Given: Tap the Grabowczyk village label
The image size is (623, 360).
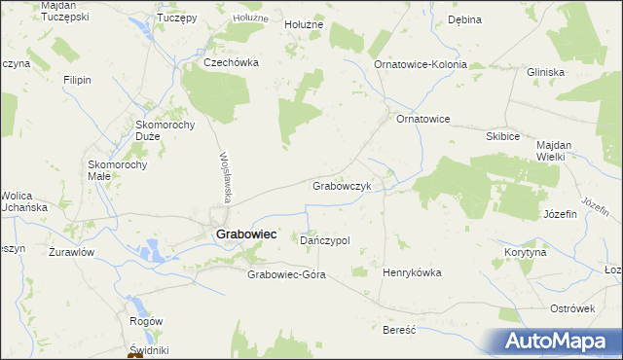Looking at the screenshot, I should click(342, 186).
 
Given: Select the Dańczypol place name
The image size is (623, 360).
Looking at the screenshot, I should click(325, 240).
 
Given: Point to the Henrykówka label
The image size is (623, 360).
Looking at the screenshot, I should click(414, 272).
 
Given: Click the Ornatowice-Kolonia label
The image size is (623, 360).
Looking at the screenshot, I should click(421, 64).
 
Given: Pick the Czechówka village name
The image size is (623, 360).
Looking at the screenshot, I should click(230, 61).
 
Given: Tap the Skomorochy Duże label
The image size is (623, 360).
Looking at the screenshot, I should click(166, 130).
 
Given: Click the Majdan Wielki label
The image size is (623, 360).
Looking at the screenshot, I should click(558, 150).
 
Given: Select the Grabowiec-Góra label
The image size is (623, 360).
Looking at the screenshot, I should click(286, 274).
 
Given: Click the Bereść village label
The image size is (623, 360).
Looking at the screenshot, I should click(399, 330).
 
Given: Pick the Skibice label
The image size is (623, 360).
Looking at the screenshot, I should click(502, 137).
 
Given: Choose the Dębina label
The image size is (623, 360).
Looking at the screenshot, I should click(464, 19).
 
